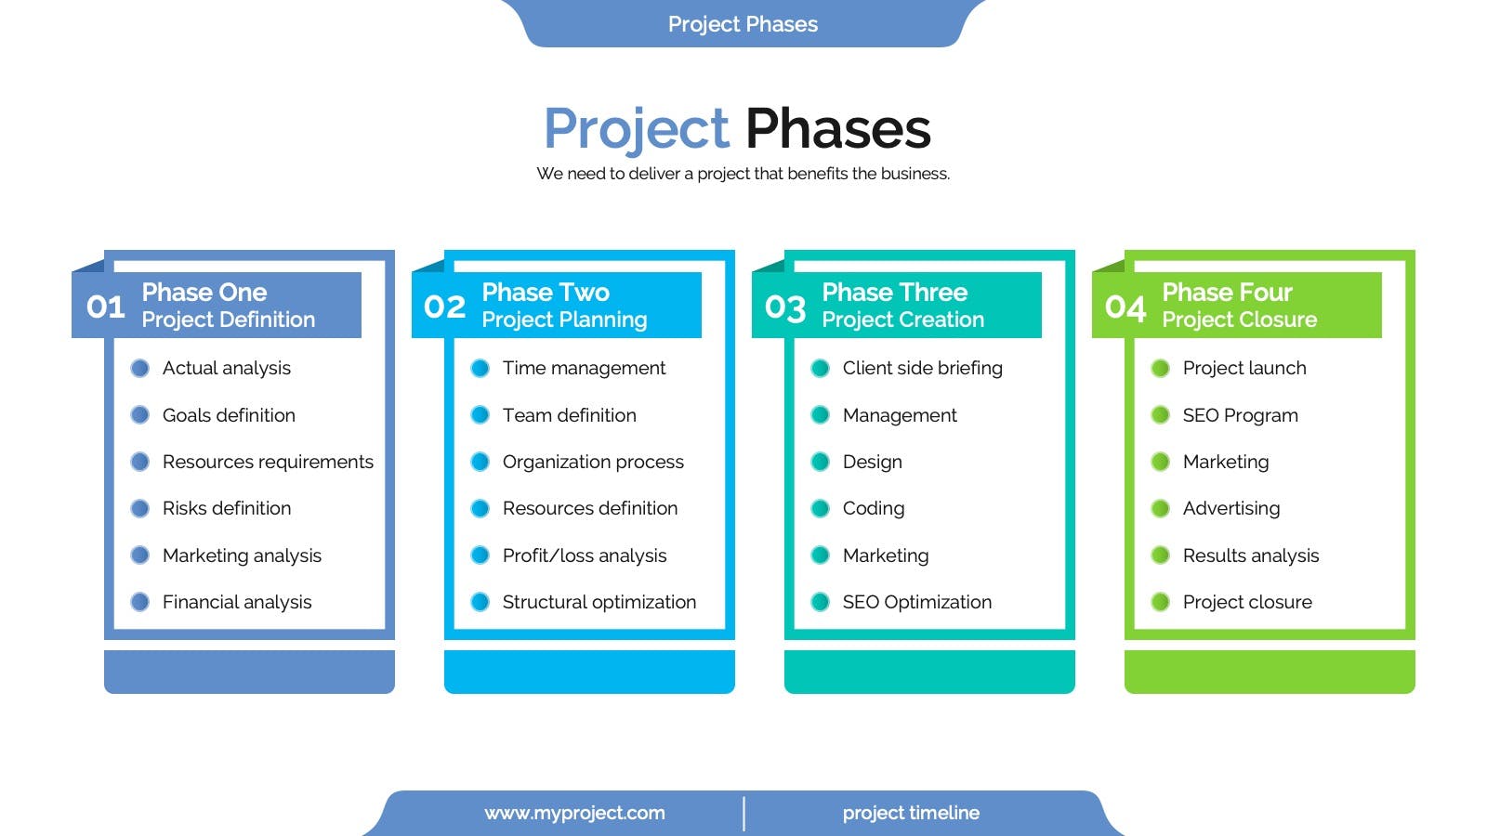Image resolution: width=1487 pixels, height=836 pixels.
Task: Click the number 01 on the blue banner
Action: (106, 307)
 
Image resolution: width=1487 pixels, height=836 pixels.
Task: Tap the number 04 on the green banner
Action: (1125, 307)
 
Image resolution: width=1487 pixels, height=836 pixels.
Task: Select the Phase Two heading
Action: (546, 292)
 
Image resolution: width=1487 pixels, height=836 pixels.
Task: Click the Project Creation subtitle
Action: (902, 320)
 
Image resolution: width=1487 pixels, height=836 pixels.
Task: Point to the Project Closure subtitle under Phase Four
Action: (1240, 320)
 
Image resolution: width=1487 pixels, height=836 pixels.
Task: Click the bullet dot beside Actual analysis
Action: (140, 368)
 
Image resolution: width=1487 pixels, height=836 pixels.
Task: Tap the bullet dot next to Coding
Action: (821, 508)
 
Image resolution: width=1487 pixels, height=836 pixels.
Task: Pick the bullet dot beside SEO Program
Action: (1161, 415)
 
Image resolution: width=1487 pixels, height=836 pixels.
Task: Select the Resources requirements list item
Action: (269, 462)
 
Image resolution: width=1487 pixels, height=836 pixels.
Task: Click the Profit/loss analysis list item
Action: (585, 555)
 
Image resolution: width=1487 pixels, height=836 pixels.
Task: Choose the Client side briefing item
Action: (923, 368)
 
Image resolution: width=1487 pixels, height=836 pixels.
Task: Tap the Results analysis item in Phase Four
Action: (1251, 555)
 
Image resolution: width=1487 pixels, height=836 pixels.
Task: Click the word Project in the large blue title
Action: (637, 129)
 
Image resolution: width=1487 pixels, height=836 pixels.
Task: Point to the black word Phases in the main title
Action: (837, 129)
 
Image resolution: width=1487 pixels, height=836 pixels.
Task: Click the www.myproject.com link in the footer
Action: (575, 814)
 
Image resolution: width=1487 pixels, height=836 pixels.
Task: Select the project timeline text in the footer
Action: (911, 814)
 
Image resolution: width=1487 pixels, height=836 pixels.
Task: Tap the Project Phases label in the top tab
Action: (743, 24)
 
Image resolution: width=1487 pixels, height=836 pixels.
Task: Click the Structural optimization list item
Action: (599, 603)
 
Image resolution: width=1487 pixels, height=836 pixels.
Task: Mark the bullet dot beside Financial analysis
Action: (140, 603)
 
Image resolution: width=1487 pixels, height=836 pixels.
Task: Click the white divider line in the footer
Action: (744, 814)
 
